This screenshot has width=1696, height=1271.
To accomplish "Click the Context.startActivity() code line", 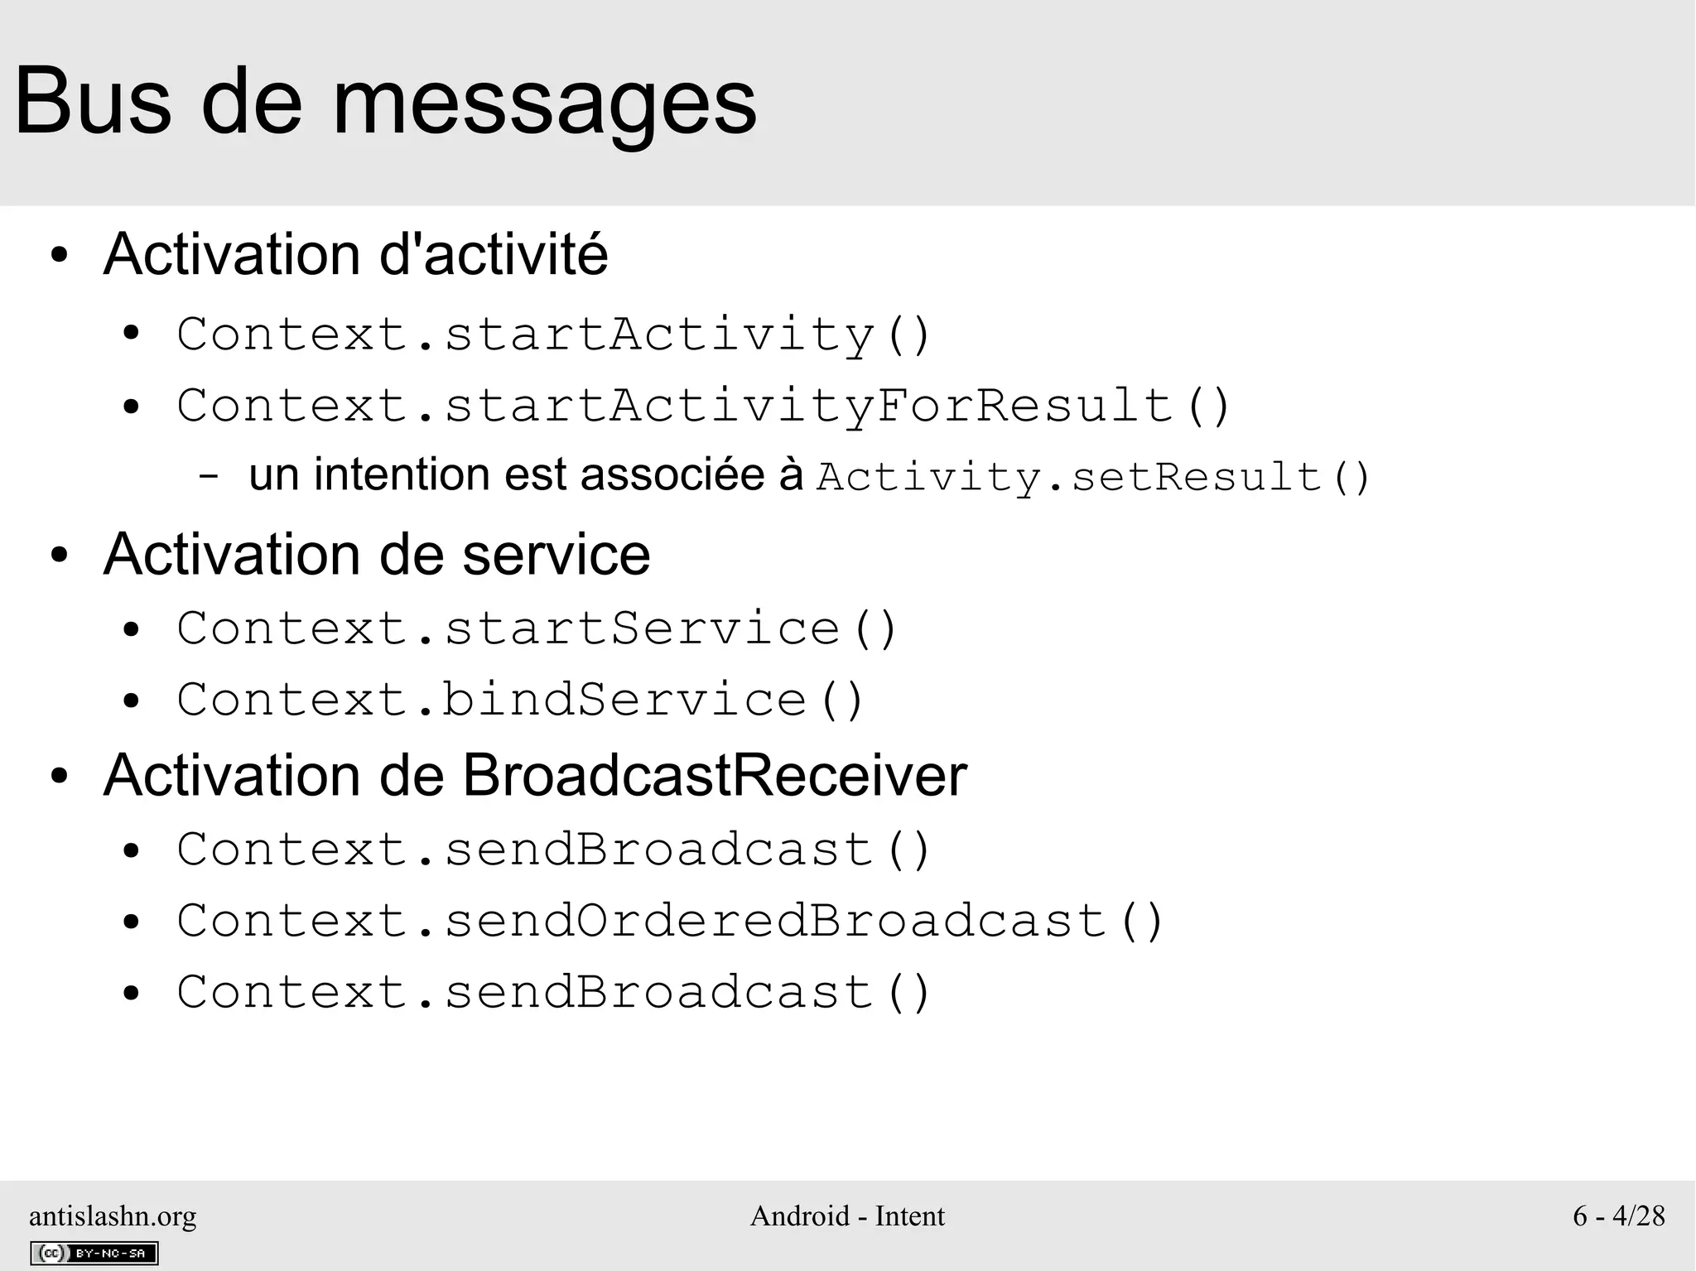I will pos(554,335).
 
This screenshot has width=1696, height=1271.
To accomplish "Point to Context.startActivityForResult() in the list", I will pos(704,406).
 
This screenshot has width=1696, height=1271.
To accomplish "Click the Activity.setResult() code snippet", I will pos(1094,477).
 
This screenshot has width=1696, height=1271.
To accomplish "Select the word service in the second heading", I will pos(556,554).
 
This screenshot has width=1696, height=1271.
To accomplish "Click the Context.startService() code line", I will pos(537,628).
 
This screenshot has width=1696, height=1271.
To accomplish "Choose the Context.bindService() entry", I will pos(520,700).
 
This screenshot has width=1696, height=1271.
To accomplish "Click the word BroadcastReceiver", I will pos(714,776).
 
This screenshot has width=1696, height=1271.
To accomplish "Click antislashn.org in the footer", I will pos(113,1216).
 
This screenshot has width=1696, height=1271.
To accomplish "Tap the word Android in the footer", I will pos(800,1216).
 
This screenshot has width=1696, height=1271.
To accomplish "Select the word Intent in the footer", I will pos(909,1216).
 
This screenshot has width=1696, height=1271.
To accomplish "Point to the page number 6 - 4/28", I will pos(1619,1216).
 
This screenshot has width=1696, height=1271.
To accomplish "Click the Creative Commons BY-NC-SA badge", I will pos(94,1253).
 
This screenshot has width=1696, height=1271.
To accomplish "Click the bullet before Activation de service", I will pos(58,556).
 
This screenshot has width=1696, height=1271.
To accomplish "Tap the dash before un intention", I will pos(209,477).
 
